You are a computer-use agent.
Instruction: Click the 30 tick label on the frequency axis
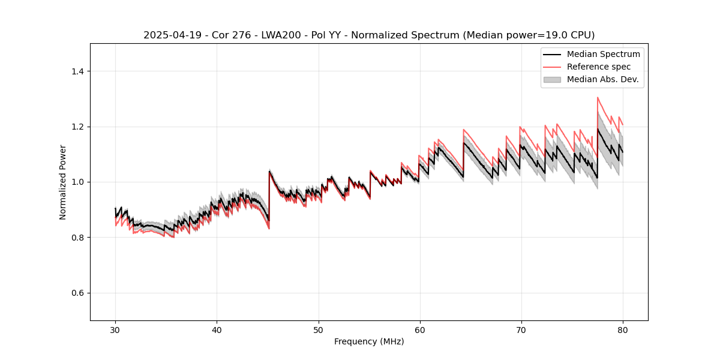point(115,330)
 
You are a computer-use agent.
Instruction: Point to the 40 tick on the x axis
point(217,330)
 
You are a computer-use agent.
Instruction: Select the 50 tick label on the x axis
point(318,330)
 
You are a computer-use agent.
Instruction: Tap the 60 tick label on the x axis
point(419,330)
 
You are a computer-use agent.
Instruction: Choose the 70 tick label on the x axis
point(521,330)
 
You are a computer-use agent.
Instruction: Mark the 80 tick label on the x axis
point(622,330)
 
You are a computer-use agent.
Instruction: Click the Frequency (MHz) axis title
point(369,341)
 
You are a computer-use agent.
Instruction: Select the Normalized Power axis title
point(63,182)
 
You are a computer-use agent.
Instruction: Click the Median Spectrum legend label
point(603,54)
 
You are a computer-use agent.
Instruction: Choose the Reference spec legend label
point(599,67)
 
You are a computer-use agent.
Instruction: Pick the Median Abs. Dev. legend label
point(602,79)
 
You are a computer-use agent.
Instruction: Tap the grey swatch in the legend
point(552,79)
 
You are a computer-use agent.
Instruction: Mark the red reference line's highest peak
point(598,97)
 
